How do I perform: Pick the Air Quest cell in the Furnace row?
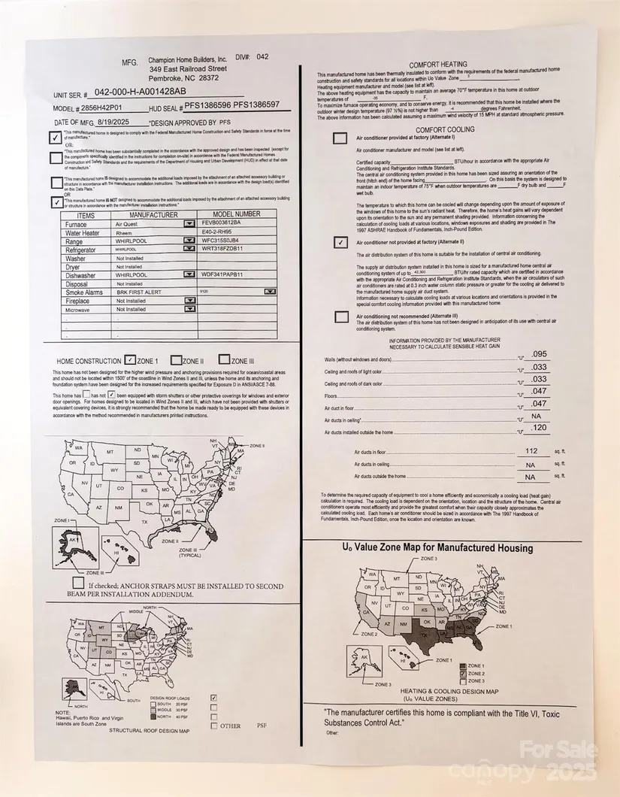[129, 224]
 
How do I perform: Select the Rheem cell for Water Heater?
[125, 232]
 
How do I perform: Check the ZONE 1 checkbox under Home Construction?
[130, 360]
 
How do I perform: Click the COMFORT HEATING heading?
[438, 65]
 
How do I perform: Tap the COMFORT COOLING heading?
[437, 129]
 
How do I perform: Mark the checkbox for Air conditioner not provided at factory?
[340, 242]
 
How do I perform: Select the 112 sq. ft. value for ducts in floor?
[532, 451]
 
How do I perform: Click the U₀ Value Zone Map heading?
[437, 548]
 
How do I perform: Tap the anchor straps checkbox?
[78, 583]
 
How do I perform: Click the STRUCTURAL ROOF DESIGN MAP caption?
[149, 730]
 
